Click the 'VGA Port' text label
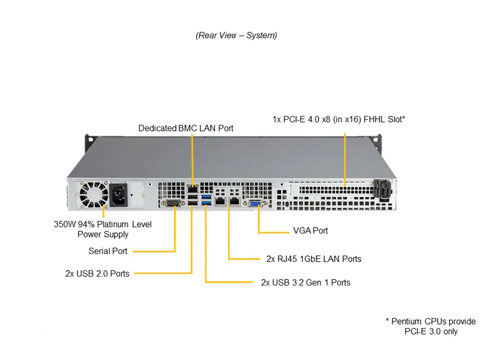coord(310,230)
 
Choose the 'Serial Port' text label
coord(108,251)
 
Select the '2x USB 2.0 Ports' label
coord(97,273)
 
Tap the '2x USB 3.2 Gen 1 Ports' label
coord(305,282)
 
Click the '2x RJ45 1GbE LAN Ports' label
coord(313,259)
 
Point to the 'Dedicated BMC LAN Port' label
coord(185,128)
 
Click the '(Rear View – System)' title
coord(236,35)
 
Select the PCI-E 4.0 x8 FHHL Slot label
coord(338,119)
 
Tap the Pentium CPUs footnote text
coord(430,326)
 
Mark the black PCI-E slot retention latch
coord(381,190)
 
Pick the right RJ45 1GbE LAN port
coord(234,201)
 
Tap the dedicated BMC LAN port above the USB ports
coord(192,188)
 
